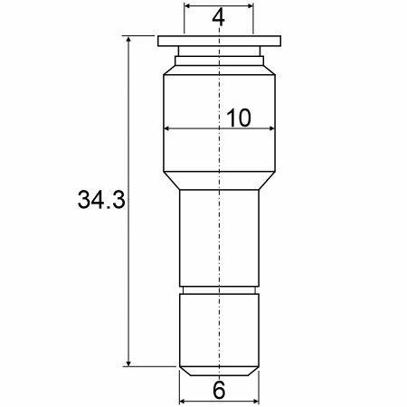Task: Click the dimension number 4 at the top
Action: [x=218, y=17]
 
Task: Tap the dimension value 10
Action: [x=239, y=118]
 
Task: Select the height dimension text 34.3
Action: [x=101, y=200]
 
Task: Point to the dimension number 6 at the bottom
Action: [x=219, y=390]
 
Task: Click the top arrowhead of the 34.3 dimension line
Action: [x=128, y=39]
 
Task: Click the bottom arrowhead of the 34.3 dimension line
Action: [x=128, y=363]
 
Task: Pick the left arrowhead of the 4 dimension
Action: [x=187, y=5]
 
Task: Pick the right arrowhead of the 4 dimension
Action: [x=250, y=5]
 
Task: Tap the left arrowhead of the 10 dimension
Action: [x=167, y=128]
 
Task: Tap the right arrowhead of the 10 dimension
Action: [x=271, y=128]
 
